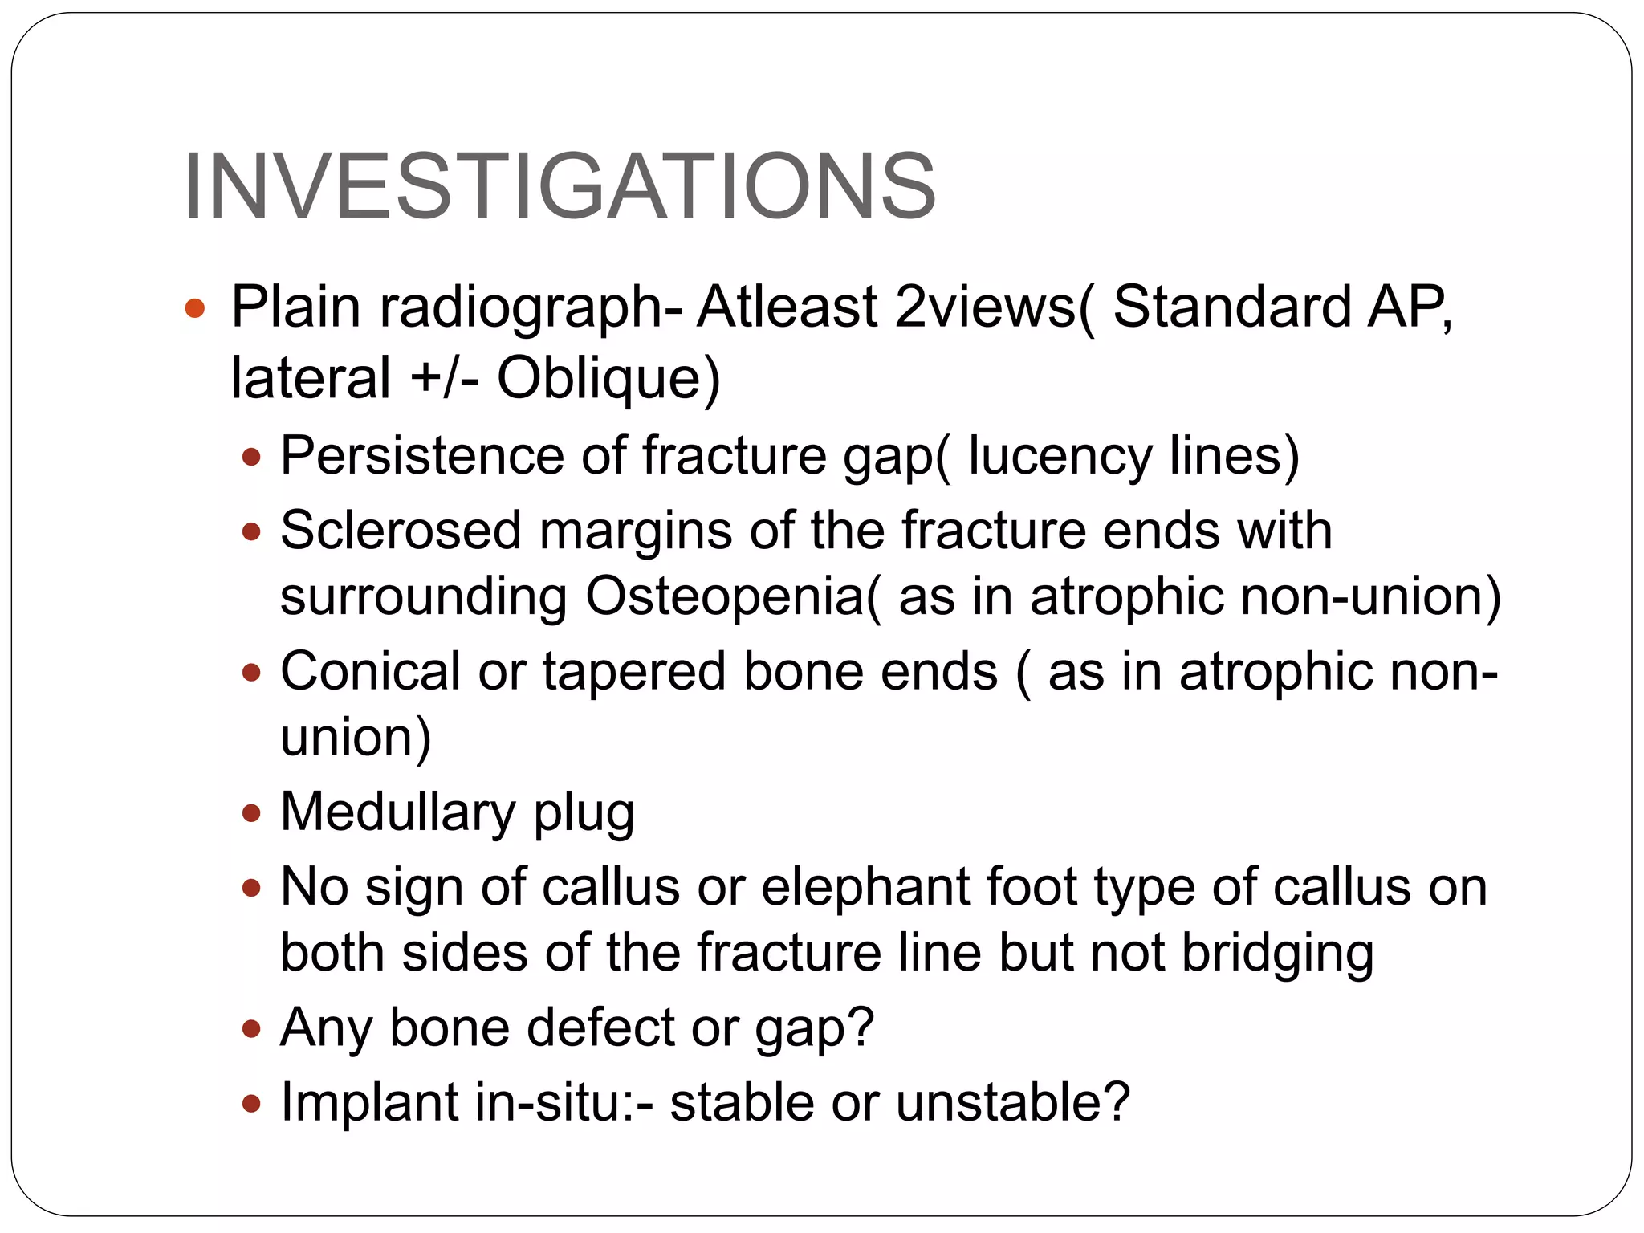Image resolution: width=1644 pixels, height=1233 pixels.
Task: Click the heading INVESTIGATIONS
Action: pyautogui.click(x=560, y=187)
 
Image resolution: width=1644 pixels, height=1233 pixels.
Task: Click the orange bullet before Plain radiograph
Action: pyautogui.click(x=195, y=307)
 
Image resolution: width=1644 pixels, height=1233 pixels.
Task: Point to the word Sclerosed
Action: pyautogui.click(x=401, y=531)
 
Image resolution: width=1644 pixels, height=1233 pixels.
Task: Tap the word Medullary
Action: pyautogui.click(x=398, y=812)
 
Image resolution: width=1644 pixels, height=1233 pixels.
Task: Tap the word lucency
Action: pyautogui.click(x=1059, y=456)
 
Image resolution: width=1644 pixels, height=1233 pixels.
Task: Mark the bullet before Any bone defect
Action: pyautogui.click(x=252, y=1028)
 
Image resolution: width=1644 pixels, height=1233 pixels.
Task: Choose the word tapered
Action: pyautogui.click(x=634, y=671)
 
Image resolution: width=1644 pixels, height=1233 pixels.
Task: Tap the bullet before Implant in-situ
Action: pyautogui.click(x=252, y=1104)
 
